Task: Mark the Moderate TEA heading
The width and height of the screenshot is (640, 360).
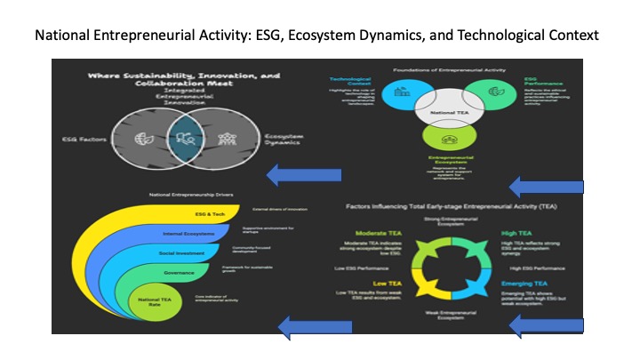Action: coord(363,234)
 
